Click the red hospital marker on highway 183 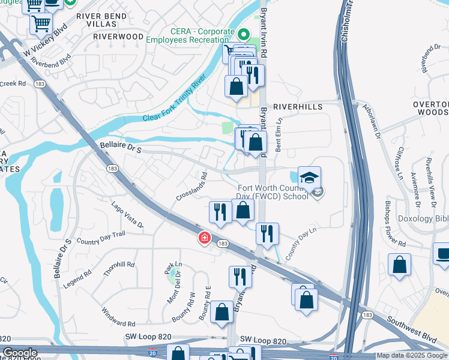pos(205,238)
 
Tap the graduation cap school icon pos(309,178)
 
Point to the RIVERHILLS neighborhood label pos(298,106)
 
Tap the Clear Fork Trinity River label pos(174,98)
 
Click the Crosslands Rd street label pos(191,187)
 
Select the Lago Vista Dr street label pos(127,215)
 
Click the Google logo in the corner pos(20,353)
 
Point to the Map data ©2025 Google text pos(411,355)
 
